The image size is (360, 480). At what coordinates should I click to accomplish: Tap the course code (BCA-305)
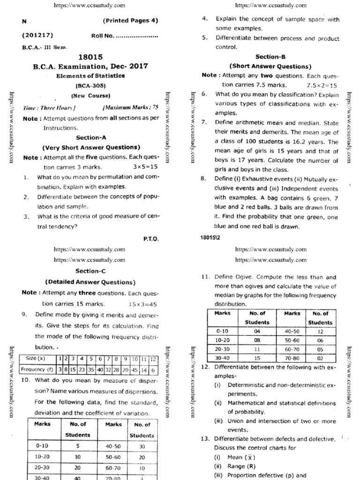[x=90, y=86]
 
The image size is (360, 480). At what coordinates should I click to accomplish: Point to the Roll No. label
[x=103, y=36]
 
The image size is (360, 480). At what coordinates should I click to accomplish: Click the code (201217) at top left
[x=37, y=36]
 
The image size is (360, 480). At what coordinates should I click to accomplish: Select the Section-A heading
[x=90, y=137]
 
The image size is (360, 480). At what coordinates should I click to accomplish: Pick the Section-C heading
[x=90, y=271]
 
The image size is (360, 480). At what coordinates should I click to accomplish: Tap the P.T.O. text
[x=151, y=239]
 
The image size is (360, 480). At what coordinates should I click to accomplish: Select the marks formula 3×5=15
[x=145, y=166]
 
